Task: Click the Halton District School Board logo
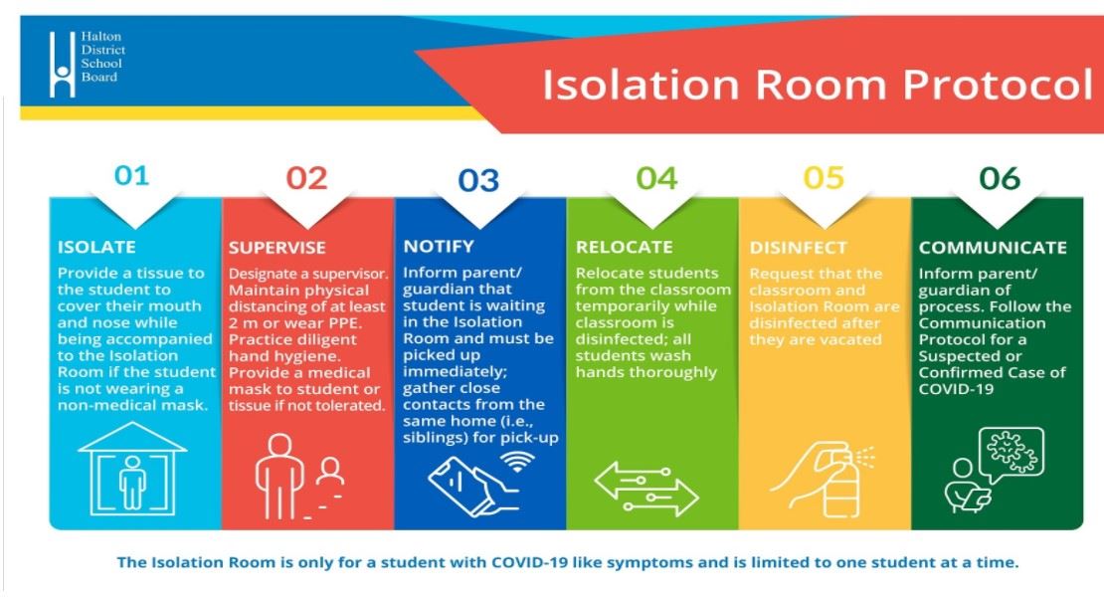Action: [x=88, y=64]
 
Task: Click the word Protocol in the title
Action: [x=997, y=85]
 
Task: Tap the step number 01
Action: [x=131, y=175]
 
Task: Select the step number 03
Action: [x=478, y=180]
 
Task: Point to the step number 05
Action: [x=824, y=177]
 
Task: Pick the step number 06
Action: [x=1000, y=178]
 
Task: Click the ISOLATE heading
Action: [x=96, y=248]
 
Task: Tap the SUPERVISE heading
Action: [x=276, y=248]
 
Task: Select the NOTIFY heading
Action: [x=439, y=247]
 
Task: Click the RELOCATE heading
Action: [x=624, y=248]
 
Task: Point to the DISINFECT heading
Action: [x=798, y=248]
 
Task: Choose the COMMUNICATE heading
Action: [x=993, y=248]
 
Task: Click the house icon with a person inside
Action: [x=132, y=469]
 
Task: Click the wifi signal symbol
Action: [x=517, y=462]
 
